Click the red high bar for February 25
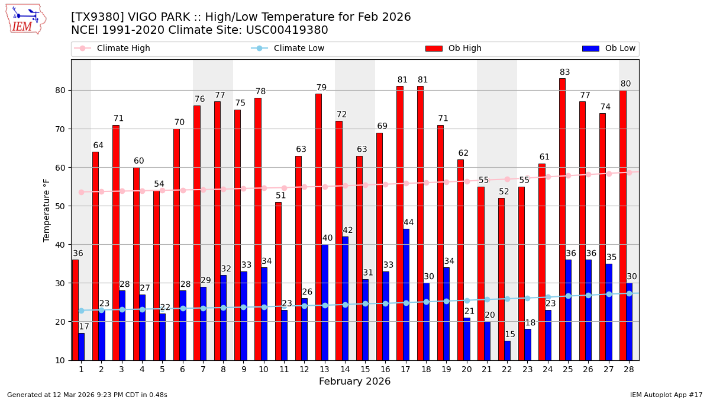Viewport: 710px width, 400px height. point(562,219)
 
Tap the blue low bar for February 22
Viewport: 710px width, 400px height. point(507,350)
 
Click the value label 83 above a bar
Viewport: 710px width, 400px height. point(565,72)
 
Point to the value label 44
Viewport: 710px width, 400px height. point(408,223)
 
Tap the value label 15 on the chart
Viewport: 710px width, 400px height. point(510,334)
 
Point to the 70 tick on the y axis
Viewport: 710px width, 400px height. point(62,129)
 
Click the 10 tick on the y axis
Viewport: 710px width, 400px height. point(62,360)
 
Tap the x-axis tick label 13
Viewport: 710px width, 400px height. point(324,369)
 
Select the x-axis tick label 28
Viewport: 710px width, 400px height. point(628,369)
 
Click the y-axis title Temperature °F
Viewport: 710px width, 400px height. point(47,210)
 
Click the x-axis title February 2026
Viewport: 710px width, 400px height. point(355,382)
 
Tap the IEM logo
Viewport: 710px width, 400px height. point(25,19)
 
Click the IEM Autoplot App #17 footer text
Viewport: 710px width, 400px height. point(666,395)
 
